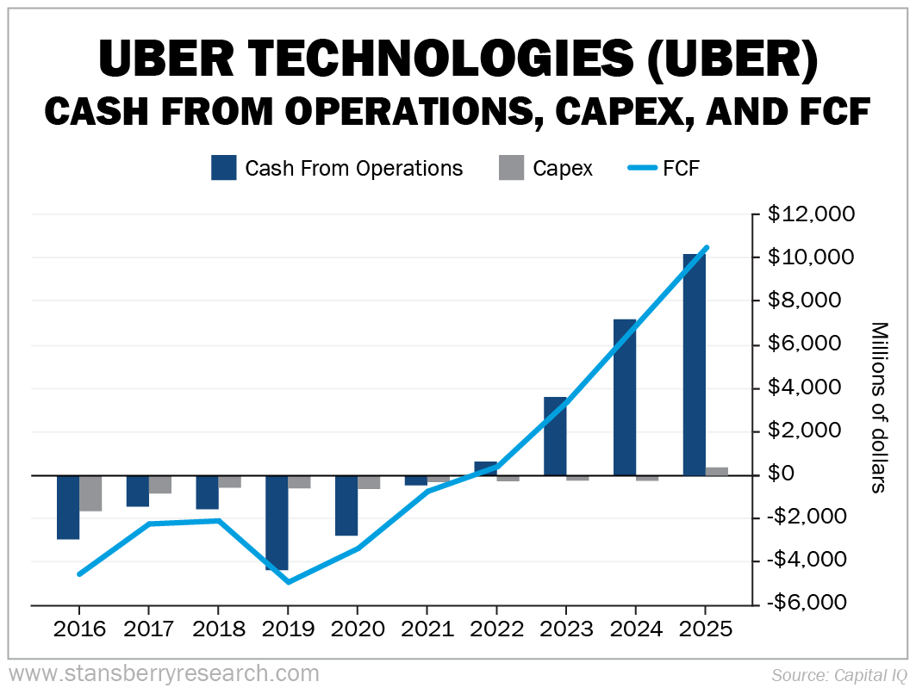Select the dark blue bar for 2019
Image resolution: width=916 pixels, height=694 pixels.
coord(277,522)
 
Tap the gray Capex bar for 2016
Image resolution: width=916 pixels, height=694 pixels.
coord(90,493)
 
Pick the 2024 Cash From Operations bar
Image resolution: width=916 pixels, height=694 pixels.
coord(625,397)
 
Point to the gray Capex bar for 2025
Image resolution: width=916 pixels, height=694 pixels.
coord(717,471)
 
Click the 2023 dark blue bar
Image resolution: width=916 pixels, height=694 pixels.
coord(555,436)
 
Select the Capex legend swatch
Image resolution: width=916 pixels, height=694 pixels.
coord(511,168)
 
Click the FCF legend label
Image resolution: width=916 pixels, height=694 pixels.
coord(681,169)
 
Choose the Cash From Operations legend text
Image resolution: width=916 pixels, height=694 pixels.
coord(353,169)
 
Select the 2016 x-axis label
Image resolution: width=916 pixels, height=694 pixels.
coord(79,629)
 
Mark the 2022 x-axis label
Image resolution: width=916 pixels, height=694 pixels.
coord(497,629)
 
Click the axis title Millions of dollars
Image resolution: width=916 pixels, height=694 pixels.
coord(879,406)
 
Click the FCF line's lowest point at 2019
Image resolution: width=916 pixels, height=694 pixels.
coord(288,582)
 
